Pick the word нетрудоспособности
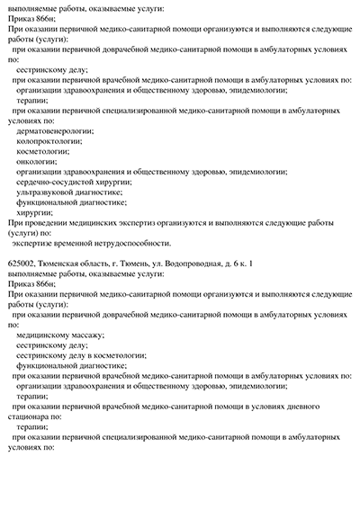(x=131, y=243)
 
